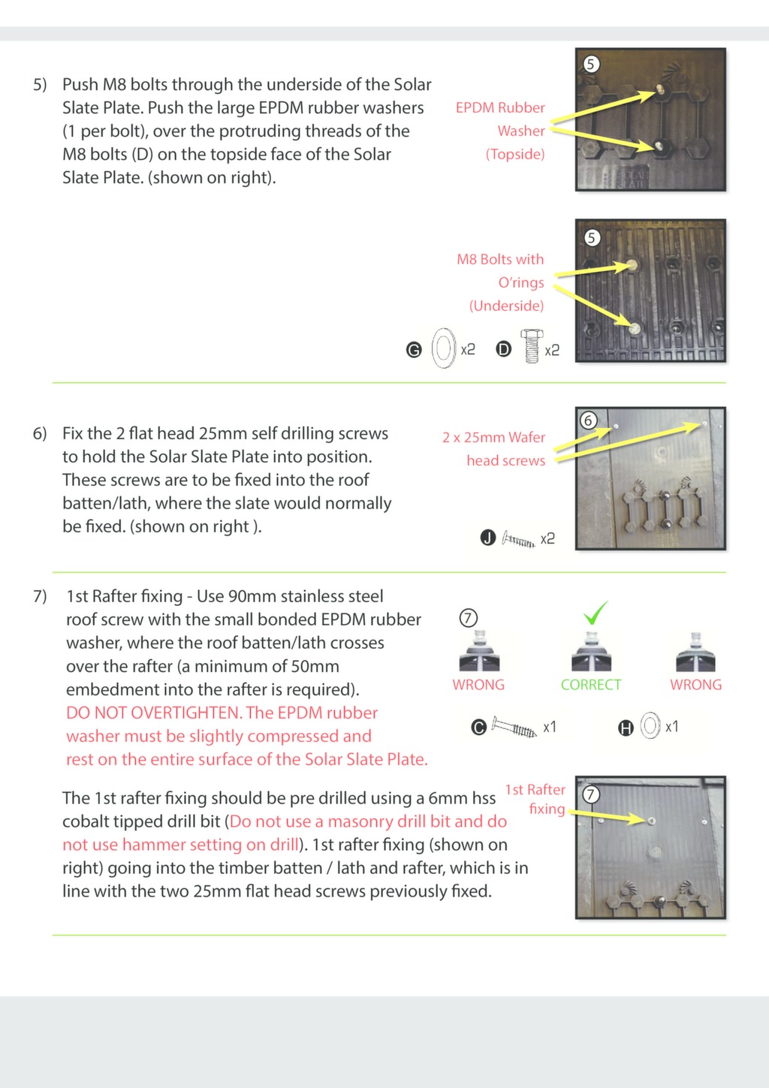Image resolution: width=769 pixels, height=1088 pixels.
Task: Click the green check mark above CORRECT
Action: click(x=596, y=613)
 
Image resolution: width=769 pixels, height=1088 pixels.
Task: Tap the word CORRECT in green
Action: click(x=591, y=685)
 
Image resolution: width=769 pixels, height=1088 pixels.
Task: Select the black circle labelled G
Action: click(x=414, y=350)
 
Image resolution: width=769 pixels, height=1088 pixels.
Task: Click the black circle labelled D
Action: click(x=504, y=350)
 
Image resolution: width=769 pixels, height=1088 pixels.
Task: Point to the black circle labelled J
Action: click(x=488, y=538)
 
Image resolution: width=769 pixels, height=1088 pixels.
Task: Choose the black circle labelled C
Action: click(x=478, y=727)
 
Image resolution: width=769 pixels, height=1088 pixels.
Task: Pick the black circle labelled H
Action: click(x=626, y=727)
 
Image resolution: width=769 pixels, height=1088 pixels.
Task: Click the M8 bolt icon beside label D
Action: click(x=532, y=347)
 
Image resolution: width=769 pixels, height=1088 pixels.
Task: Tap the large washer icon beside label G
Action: click(x=444, y=348)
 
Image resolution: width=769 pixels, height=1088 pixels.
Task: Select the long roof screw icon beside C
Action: click(x=514, y=727)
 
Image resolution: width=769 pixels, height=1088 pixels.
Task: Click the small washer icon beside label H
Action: click(x=650, y=726)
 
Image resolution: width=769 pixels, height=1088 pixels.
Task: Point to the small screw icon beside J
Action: click(x=518, y=539)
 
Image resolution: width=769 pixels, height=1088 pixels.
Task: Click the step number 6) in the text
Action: click(x=40, y=434)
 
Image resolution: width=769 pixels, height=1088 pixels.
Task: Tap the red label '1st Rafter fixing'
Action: click(x=535, y=799)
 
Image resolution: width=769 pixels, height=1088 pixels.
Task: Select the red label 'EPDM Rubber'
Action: click(x=500, y=107)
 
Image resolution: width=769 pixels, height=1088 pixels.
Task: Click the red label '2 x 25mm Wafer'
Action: click(x=493, y=437)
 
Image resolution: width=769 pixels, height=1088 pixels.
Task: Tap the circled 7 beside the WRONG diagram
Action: click(x=468, y=618)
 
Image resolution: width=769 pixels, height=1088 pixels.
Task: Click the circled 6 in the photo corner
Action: click(x=589, y=420)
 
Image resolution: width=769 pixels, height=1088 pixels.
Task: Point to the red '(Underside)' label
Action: click(x=506, y=306)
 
